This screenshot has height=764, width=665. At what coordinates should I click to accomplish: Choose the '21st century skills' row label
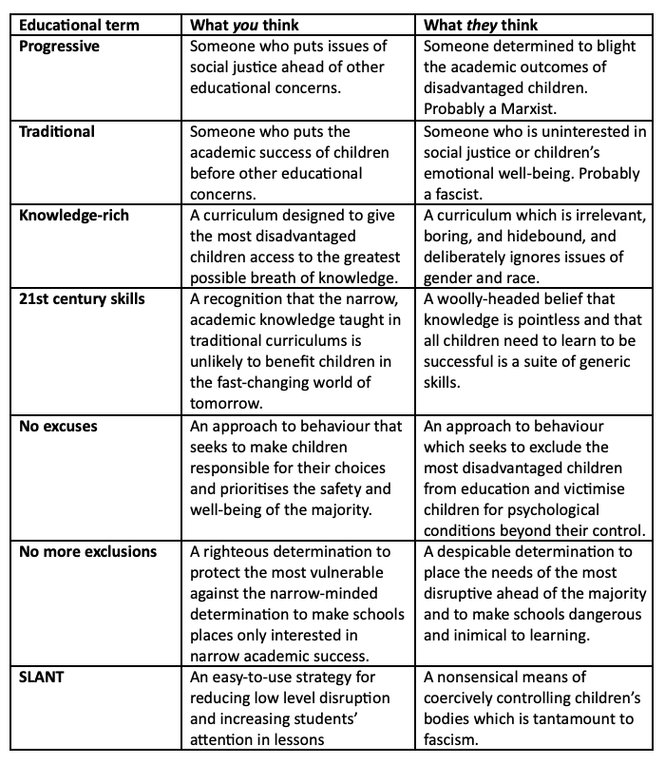pyautogui.click(x=84, y=300)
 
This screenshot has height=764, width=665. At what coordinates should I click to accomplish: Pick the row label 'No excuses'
pyautogui.click(x=59, y=427)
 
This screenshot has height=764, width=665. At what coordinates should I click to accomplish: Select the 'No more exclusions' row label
pyautogui.click(x=88, y=552)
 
